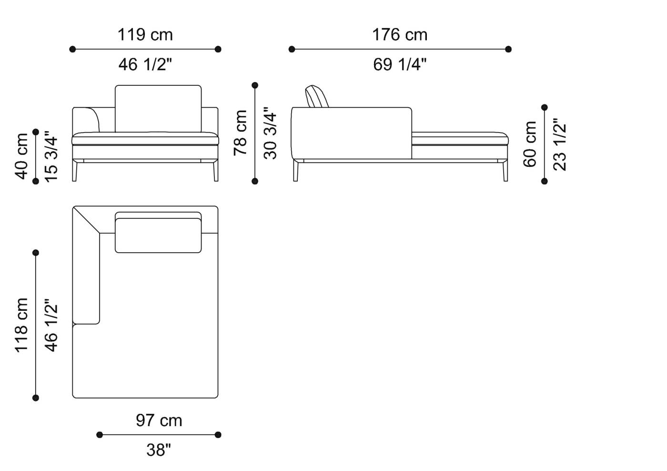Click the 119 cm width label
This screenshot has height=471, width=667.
point(145,35)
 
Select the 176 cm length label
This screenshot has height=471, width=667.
point(399,35)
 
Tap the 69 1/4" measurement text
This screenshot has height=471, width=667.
point(399,64)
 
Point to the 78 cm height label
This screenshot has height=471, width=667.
point(241,133)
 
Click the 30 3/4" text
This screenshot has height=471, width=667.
point(270,133)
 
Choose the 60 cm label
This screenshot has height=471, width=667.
point(530,144)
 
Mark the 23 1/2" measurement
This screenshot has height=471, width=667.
point(559,144)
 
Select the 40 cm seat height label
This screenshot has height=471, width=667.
point(22,156)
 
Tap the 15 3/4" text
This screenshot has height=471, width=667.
point(51,156)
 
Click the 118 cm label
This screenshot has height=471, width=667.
point(22,325)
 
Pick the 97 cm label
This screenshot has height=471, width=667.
point(159,420)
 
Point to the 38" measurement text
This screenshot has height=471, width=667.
point(159,450)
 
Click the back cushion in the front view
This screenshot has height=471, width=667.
point(158,108)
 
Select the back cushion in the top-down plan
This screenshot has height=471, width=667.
point(158,235)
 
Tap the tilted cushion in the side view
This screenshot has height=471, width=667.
point(317,97)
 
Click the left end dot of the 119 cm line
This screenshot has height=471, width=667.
point(72,49)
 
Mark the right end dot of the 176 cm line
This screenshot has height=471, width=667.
point(508,49)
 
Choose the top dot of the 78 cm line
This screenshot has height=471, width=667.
point(255,85)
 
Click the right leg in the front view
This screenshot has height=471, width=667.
point(216,171)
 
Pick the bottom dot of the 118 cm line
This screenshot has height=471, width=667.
point(36,398)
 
